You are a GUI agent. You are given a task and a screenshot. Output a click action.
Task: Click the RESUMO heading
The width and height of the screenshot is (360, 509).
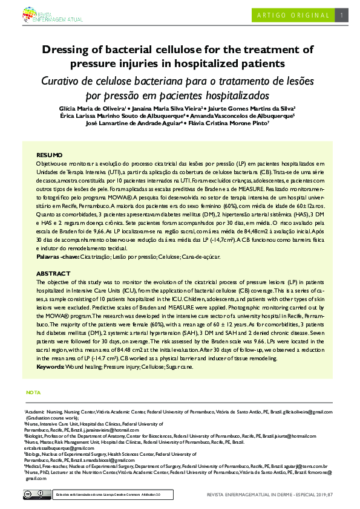pos(50,155)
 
